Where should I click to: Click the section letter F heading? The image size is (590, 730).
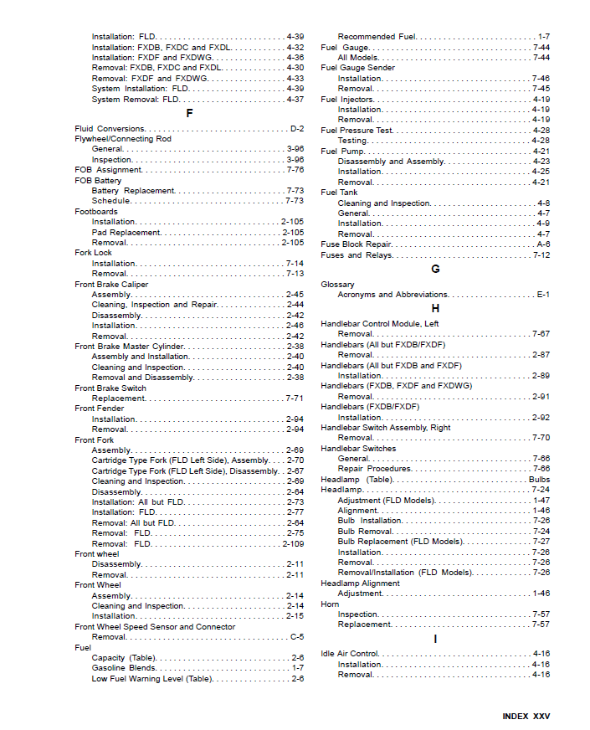[189, 113]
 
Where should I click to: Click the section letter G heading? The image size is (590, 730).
[435, 269]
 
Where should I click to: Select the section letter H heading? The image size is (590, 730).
[435, 308]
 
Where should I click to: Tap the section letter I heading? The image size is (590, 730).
[435, 639]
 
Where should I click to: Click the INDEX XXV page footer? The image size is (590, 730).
[526, 717]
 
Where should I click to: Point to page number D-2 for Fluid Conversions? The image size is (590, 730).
[296, 129]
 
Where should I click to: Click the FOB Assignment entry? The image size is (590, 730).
[108, 170]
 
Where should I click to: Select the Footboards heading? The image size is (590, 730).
[96, 212]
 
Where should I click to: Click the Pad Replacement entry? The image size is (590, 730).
[126, 233]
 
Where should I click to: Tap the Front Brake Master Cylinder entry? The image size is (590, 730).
[130, 347]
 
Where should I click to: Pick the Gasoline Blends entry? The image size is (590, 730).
[123, 668]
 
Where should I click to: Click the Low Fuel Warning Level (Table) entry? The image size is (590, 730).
[151, 679]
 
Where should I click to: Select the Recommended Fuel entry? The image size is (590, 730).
[377, 37]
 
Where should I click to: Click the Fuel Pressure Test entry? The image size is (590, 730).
[357, 131]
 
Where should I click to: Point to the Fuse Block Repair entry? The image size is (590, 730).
[356, 244]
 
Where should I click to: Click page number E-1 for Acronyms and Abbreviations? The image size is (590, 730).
[543, 295]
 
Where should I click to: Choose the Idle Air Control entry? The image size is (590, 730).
[350, 654]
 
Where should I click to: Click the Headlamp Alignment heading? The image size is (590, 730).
[360, 583]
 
